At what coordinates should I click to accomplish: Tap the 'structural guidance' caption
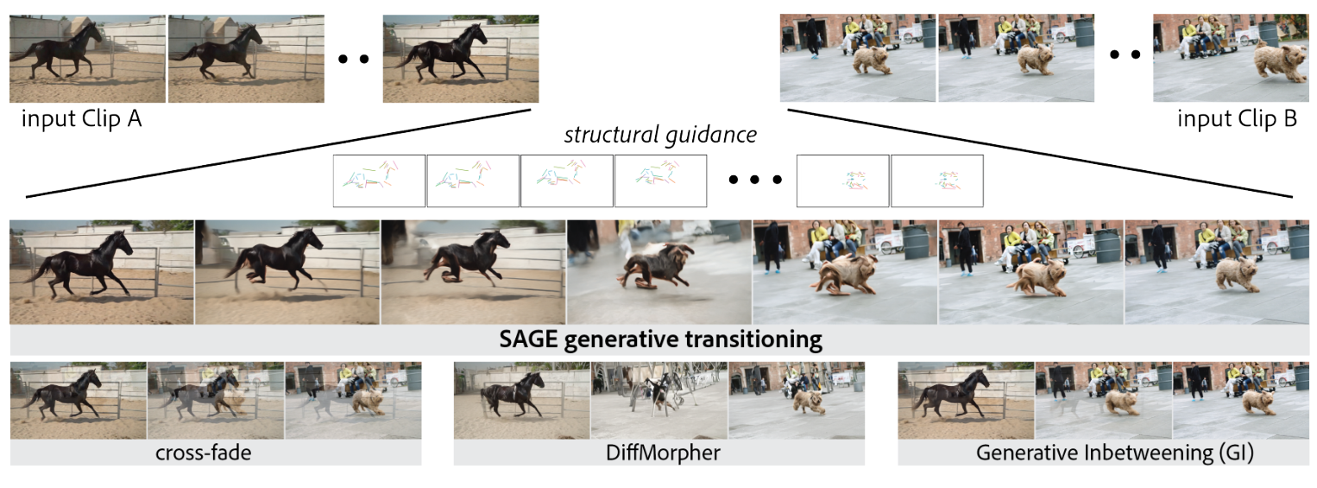coord(660,135)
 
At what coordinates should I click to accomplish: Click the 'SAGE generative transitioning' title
coord(660,339)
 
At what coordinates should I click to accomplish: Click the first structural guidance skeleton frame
coord(380,181)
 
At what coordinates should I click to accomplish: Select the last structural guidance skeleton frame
coord(936,181)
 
